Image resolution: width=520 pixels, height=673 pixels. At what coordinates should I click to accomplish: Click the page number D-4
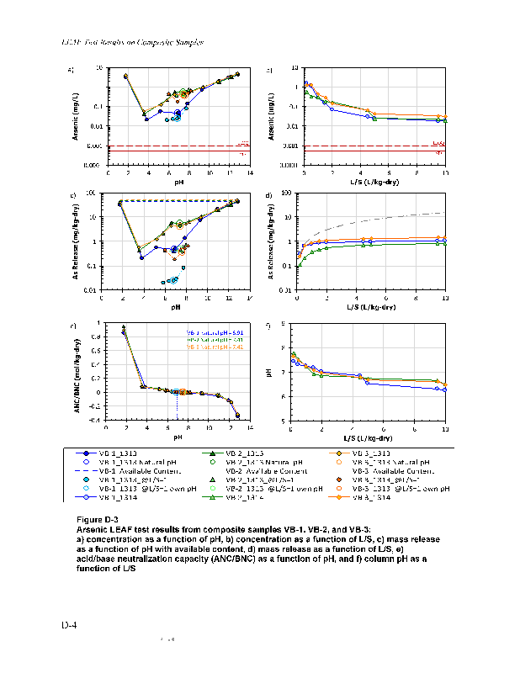[69, 626]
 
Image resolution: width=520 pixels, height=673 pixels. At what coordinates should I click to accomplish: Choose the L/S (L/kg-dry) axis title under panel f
[367, 438]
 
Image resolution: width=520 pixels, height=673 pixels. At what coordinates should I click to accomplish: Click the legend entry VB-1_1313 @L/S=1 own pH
[135, 489]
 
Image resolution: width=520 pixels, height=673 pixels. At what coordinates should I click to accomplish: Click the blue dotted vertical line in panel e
[177, 406]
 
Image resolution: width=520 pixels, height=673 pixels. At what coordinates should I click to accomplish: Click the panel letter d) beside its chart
[268, 196]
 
